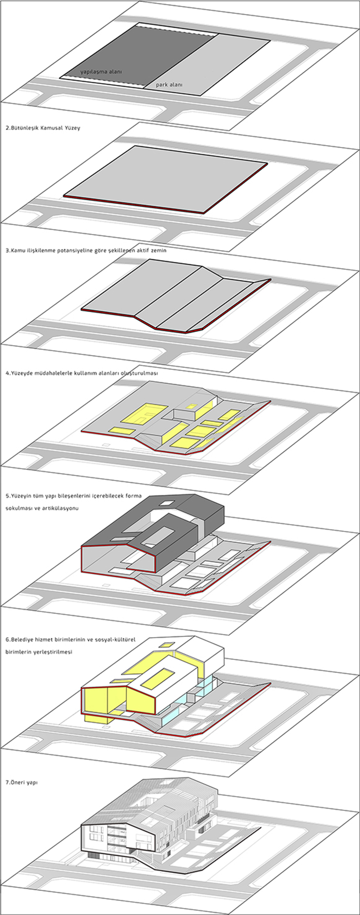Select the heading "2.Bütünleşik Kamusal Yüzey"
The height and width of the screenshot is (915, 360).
point(43,128)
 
